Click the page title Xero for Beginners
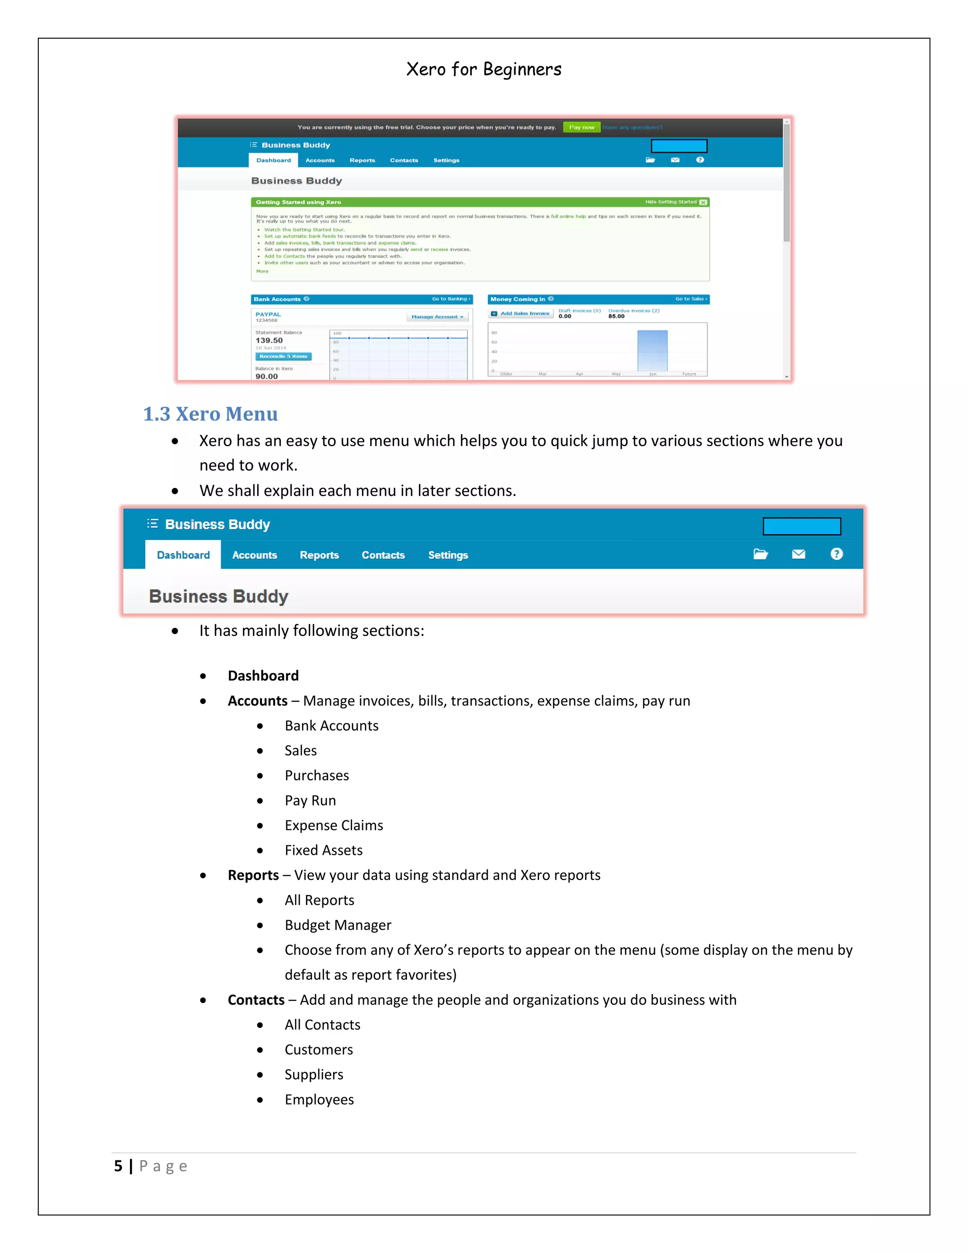(x=484, y=70)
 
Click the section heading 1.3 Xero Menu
(x=210, y=414)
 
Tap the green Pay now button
(x=581, y=127)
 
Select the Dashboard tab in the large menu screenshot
(x=183, y=555)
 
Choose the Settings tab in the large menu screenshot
(x=448, y=555)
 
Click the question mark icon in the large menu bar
(x=836, y=554)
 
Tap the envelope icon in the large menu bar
(x=798, y=554)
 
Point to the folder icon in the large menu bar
(x=761, y=554)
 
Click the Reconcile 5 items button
(x=283, y=357)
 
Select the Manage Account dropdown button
(x=437, y=317)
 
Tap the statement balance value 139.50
(x=269, y=340)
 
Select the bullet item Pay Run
(x=310, y=801)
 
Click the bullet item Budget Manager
(x=338, y=925)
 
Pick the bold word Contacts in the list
(x=256, y=1000)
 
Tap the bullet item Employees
(x=319, y=1099)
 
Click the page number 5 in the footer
(x=118, y=1166)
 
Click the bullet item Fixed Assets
(x=323, y=850)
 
